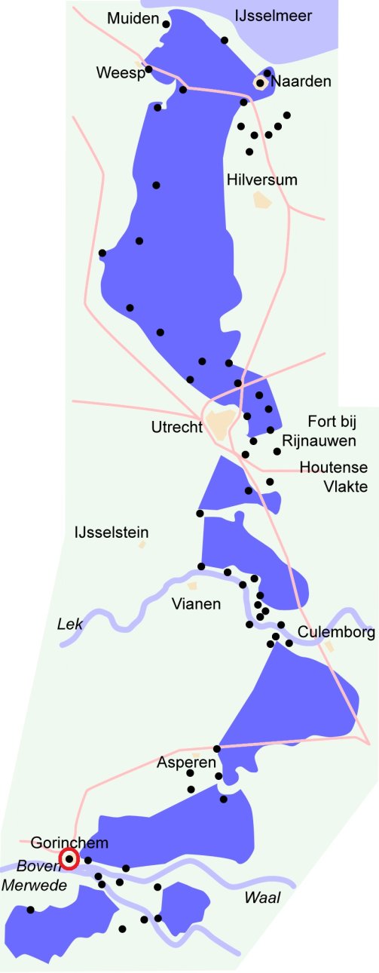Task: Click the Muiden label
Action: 133,17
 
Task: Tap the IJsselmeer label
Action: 273,16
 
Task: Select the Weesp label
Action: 120,72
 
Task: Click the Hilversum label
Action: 261,180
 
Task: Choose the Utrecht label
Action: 176,428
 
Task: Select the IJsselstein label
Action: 111,533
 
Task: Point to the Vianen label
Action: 196,603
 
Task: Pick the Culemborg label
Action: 336,632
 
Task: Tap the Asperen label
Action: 186,763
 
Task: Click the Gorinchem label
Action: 69,843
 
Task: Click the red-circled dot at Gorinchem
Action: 69,858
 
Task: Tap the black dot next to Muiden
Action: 166,24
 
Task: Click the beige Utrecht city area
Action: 222,424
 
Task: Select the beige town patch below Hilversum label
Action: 262,201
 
